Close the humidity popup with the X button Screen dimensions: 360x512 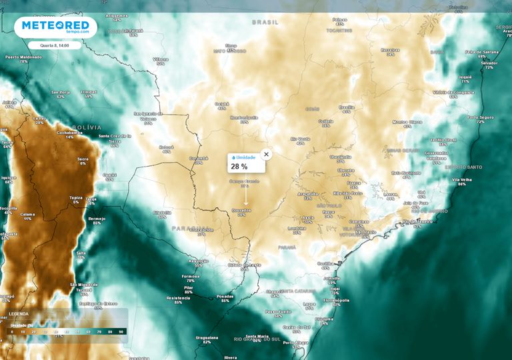click(267, 154)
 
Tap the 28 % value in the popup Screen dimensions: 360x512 click(239, 167)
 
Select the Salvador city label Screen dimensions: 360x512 click(489, 63)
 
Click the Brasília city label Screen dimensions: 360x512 click(347, 107)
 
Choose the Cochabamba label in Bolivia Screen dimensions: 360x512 click(69, 132)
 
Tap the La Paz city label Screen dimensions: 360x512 click(39, 118)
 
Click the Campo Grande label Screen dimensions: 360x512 click(243, 181)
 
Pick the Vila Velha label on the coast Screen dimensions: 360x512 click(462, 180)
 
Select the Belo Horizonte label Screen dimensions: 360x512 click(406, 173)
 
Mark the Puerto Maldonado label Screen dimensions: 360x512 click(23, 57)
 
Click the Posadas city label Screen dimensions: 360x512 click(225, 296)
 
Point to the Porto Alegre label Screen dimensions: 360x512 click(295, 343)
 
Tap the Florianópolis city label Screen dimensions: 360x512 click(337, 300)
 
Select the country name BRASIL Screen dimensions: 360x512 click(265, 22)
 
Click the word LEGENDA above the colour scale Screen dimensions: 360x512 click(19, 313)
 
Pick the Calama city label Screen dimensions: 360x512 click(27, 214)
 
